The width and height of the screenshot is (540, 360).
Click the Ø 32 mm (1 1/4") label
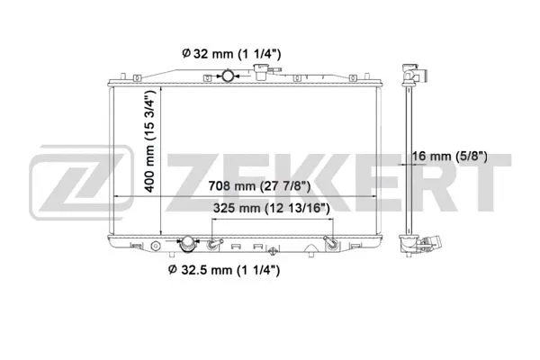click(231, 54)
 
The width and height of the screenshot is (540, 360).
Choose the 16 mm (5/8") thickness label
click(451, 156)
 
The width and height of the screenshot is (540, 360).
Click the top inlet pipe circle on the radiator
click(231, 75)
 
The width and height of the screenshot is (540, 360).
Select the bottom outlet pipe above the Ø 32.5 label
click(189, 245)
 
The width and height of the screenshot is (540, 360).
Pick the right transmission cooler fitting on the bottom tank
click(330, 242)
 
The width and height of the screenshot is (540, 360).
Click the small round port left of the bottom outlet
click(158, 244)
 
